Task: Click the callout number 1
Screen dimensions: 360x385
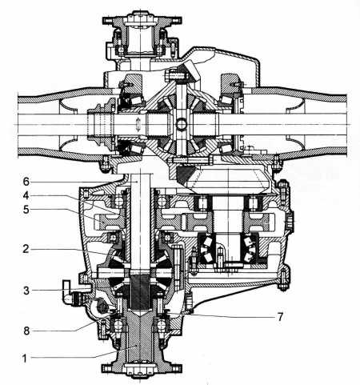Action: tap(25, 359)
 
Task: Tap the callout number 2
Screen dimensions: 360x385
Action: tap(26, 249)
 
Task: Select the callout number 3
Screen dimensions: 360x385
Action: tap(26, 291)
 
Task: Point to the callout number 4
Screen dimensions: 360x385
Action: tap(26, 195)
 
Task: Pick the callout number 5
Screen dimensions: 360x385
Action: tap(26, 210)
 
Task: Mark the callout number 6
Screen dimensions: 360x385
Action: tap(26, 182)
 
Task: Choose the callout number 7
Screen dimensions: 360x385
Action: tap(280, 317)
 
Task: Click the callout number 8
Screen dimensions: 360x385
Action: tap(26, 331)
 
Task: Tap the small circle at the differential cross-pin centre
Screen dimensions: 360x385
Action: tap(181, 124)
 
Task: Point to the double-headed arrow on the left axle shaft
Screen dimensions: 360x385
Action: tap(138, 124)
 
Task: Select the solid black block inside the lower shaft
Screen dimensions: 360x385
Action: tap(140, 292)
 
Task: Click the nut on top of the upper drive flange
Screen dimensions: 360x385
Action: tap(140, 14)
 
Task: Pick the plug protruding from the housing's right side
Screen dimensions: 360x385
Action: tap(290, 222)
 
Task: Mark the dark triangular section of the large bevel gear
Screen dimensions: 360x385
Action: tap(185, 174)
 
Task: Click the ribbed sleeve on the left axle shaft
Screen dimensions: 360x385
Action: tap(101, 124)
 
